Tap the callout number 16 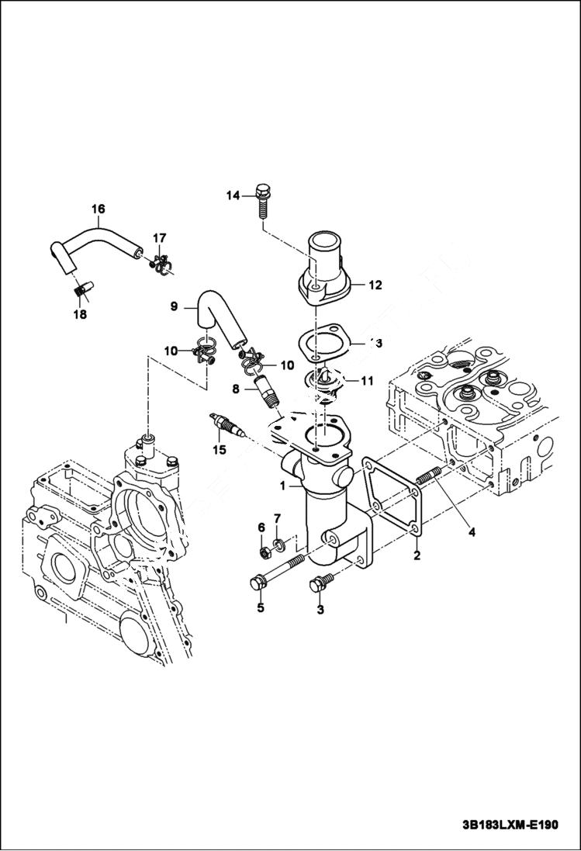point(98,209)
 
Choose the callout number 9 point(175,306)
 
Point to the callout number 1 point(285,486)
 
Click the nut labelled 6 point(264,552)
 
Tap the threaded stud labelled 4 point(428,474)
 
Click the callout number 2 point(417,555)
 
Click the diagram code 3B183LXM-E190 point(504,825)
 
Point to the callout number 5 point(261,608)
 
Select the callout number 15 point(220,448)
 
